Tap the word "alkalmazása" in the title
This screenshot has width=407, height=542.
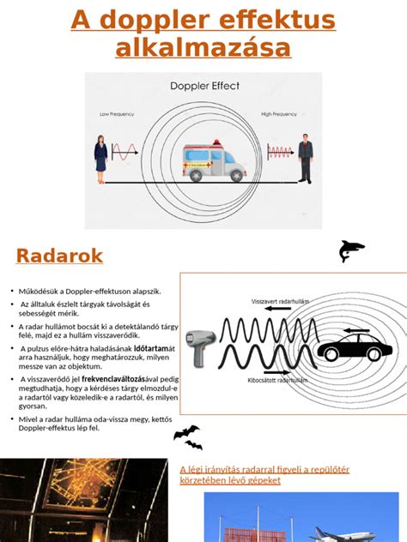pos(203,47)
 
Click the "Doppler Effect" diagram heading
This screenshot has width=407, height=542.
pos(203,87)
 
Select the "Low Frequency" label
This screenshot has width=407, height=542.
pos(117,113)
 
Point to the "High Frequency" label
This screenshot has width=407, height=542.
pos(279,113)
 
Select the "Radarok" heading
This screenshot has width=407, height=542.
pos(59,256)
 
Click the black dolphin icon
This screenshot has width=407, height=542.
pos(351,250)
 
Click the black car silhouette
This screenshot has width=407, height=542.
pos(354,348)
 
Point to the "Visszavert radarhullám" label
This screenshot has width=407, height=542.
pos(280,302)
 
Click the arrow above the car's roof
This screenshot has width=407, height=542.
pos(356,330)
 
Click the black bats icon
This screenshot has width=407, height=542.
pos(188,437)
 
